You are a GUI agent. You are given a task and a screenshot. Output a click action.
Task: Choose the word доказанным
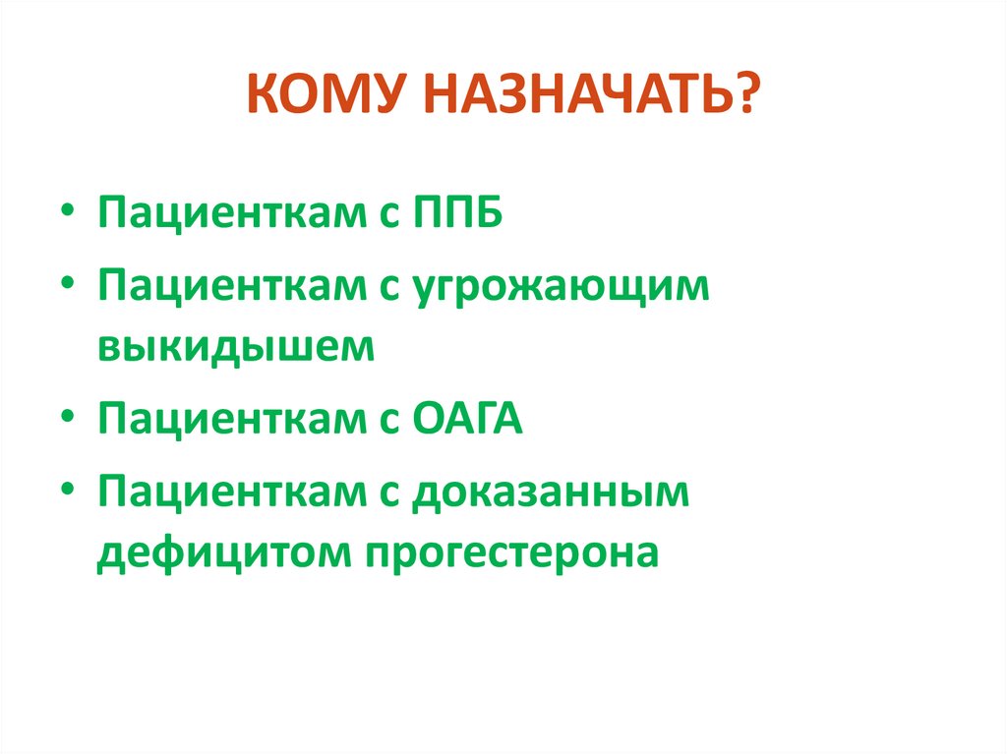pos(552,493)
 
